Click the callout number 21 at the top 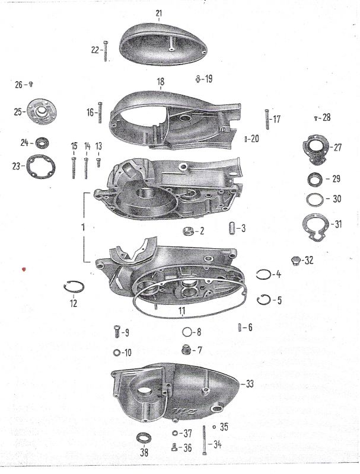158,13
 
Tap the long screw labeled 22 105,51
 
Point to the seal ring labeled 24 43,142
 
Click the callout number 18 160,82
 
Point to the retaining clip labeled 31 314,226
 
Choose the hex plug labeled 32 293,260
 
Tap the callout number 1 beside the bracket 84,228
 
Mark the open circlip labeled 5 264,300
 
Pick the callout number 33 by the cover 249,384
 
